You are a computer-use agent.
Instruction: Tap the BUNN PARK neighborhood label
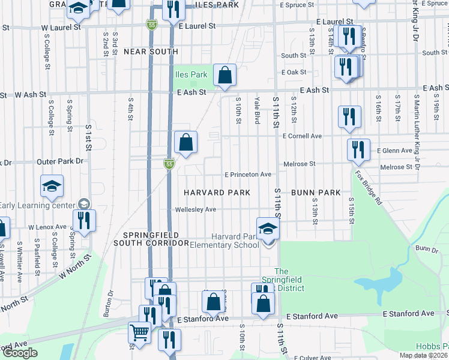[316, 193]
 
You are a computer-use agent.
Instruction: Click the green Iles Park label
[191, 75]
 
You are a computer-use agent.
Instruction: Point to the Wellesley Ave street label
[195, 210]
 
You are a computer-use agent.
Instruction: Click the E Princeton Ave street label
[248, 175]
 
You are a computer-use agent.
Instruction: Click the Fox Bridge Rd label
[368, 188]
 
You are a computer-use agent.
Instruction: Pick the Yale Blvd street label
[257, 110]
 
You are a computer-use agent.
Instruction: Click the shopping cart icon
[139, 332]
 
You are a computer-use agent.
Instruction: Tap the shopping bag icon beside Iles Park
[224, 76]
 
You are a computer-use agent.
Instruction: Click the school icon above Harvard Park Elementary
[268, 228]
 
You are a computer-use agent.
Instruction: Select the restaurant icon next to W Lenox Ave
[83, 220]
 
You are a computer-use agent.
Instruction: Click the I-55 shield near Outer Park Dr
[170, 163]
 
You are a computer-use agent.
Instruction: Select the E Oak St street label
[294, 72]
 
